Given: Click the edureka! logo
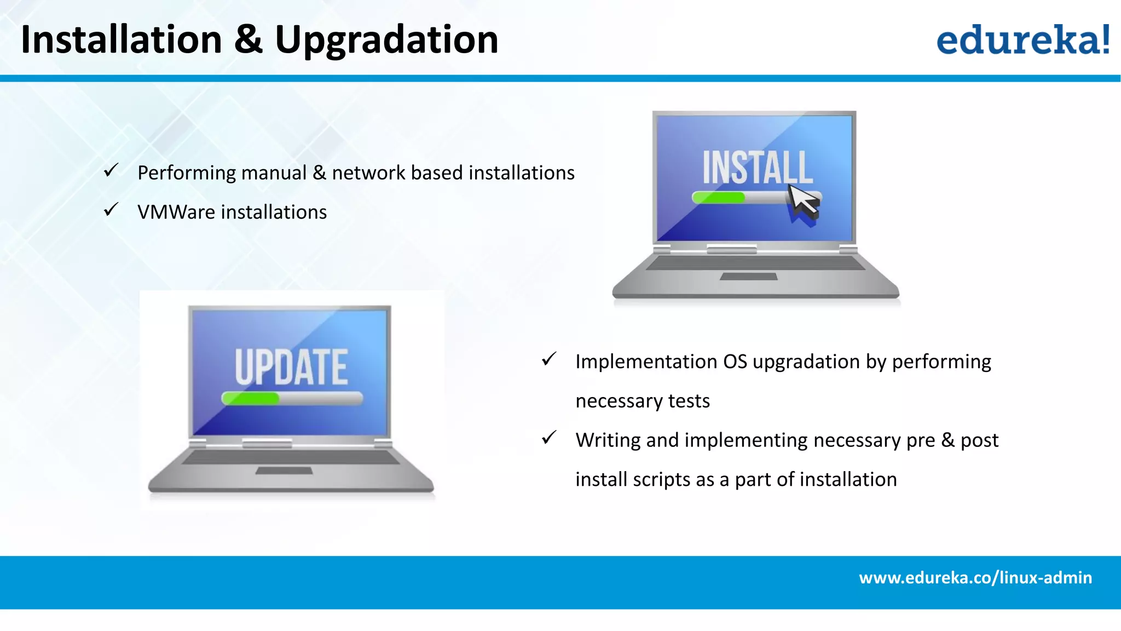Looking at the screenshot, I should (x=1022, y=39).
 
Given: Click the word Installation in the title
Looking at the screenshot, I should (x=122, y=39).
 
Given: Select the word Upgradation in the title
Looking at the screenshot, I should (x=386, y=41).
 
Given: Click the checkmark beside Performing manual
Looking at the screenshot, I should (x=111, y=170).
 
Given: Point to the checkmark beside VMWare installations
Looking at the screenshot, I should (x=111, y=210).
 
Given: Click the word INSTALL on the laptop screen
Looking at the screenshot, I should (x=758, y=168).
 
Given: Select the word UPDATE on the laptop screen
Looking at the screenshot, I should (x=291, y=367).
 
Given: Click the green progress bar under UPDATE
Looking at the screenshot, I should (x=251, y=398).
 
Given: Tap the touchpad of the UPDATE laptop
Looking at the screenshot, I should (x=284, y=471).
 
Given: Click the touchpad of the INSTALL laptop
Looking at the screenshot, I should (x=748, y=277).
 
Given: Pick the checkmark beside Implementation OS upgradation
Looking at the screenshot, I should (x=549, y=359).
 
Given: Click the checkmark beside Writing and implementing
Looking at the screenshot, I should (x=549, y=438).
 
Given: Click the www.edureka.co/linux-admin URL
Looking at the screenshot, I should (x=975, y=578).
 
